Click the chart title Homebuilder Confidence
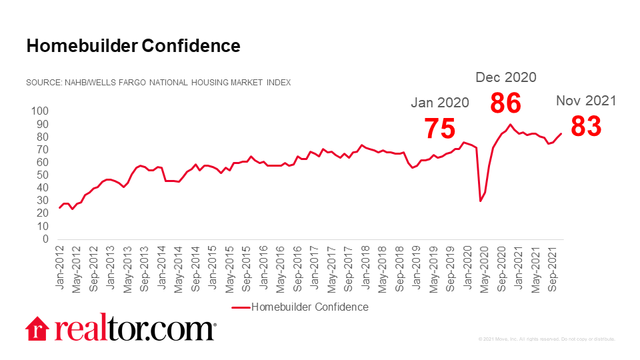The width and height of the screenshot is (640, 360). tap(133, 46)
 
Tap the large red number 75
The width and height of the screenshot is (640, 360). tap(440, 128)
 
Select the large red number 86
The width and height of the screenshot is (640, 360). tap(505, 103)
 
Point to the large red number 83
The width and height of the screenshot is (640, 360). tap(587, 126)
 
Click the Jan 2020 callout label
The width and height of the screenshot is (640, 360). tap(439, 103)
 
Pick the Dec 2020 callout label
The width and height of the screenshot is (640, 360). tap(505, 77)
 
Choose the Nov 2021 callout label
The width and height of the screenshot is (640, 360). tap(586, 101)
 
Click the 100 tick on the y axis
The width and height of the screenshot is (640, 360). tap(41, 111)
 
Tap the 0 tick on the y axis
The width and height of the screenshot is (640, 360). tap(46, 239)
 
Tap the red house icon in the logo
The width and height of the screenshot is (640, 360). tap(38, 328)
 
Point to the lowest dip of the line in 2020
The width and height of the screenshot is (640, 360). tap(481, 201)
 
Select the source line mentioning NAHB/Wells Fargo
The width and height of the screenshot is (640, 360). tap(158, 83)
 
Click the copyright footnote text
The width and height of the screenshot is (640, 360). tap(547, 339)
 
